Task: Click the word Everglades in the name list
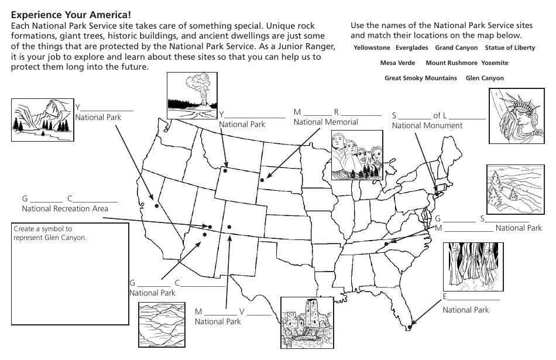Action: pos(411,48)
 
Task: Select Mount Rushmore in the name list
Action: pos(451,63)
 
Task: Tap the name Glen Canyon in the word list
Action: pos(485,78)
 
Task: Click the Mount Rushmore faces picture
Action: pos(357,155)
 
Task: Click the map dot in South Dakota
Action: pos(262,180)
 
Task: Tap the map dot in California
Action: pos(156,205)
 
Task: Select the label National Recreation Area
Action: pos(64,208)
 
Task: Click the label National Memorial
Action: pos(325,122)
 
